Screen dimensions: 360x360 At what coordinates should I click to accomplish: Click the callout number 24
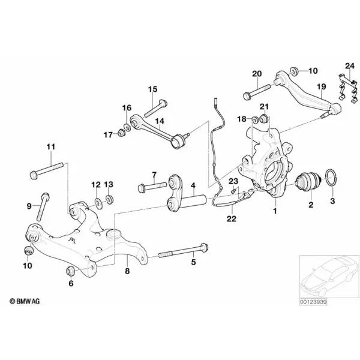point(350,66)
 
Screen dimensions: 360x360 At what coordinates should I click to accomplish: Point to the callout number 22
point(232,218)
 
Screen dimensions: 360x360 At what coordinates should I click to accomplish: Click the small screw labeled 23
point(233,191)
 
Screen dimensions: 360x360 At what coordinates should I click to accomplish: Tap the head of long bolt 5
point(204,247)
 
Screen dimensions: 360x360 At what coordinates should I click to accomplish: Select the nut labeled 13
point(109,199)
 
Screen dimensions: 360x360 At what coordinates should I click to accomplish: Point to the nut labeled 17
point(121,133)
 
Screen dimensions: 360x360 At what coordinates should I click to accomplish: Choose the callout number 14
point(160,121)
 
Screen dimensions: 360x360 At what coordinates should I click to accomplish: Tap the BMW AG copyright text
point(25,301)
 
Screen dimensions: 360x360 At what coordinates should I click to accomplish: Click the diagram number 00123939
point(313,302)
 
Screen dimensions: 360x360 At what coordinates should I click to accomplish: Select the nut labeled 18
point(255,119)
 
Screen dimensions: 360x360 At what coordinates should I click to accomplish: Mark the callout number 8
point(127,271)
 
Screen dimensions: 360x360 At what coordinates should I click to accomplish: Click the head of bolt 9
point(46,197)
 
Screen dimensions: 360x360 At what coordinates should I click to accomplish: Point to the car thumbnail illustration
point(329,277)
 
